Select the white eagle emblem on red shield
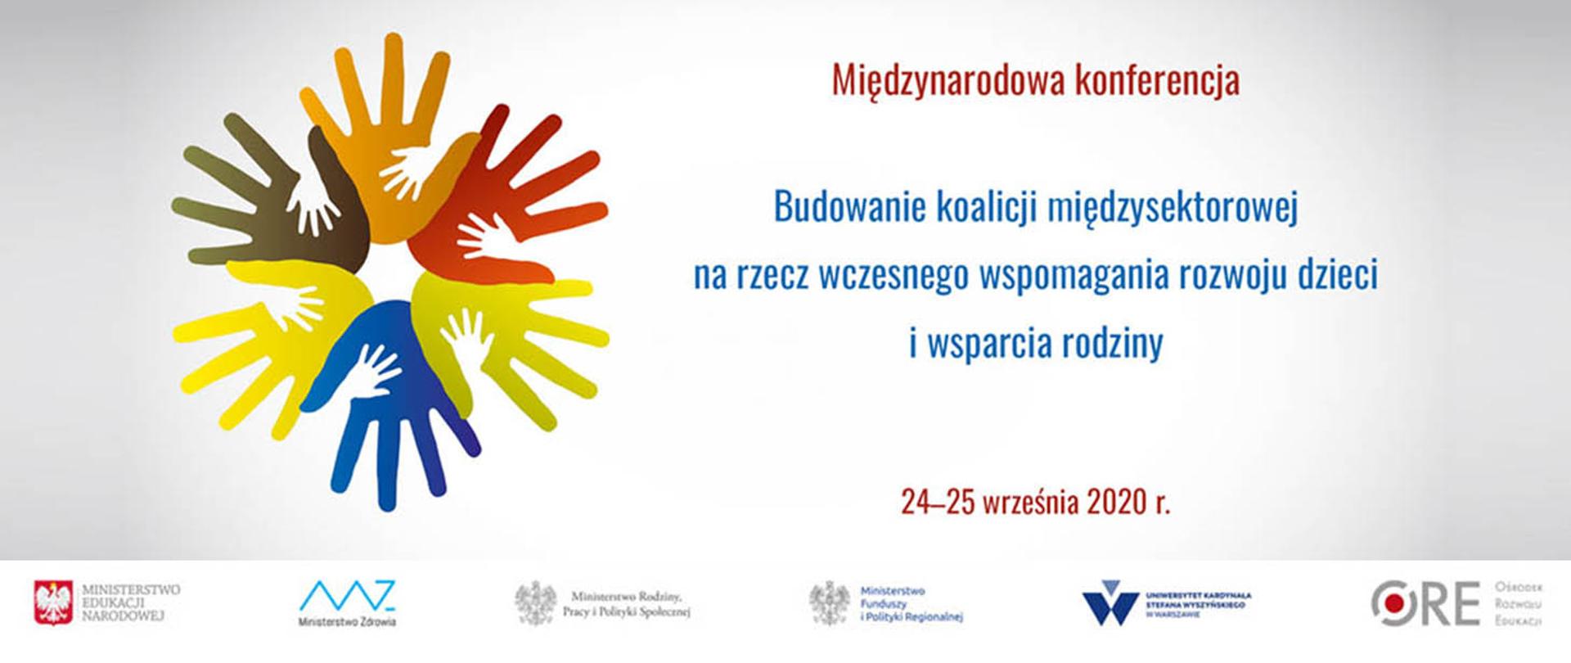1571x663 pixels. coord(55,603)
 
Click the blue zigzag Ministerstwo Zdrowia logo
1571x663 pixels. coord(348,595)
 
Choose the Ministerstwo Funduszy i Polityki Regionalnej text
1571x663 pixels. coord(912,604)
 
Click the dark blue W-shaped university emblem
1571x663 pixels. coord(1110,604)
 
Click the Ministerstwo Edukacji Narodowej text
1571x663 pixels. coord(131,602)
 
